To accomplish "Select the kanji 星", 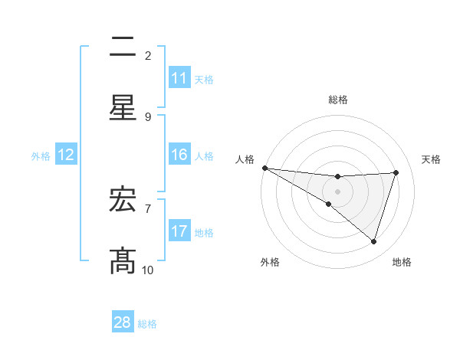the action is pos(123,107).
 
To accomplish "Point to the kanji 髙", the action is pos(123,260).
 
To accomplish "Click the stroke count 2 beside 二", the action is pos(148,56).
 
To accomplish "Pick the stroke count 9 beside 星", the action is pos(148,117).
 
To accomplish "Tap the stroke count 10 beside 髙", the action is pos(148,270).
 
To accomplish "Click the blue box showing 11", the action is pos(179,78).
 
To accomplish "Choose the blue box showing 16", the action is pos(179,155).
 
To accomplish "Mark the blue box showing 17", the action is pos(179,231).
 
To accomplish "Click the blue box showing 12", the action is pos(66,155).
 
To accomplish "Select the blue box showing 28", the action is pos(123,322).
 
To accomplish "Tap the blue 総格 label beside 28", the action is pos(147,324).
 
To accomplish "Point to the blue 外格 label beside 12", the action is pos(41,155).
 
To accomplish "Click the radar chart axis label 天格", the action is pos(432,159).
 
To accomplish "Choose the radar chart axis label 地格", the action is pos(402,262).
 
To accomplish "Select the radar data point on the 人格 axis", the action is pos(264,167).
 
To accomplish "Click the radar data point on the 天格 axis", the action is pos(396,172).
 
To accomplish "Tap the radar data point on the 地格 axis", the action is pos(374,241).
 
